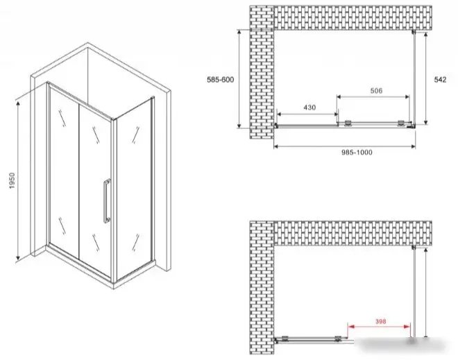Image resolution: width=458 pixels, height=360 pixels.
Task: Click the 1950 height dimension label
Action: pos(12,180)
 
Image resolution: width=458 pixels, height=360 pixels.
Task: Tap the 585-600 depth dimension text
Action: pos(220,80)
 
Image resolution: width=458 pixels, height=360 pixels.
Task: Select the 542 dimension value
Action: pos(440,80)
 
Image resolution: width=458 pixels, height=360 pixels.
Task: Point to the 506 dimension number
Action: pos(376,91)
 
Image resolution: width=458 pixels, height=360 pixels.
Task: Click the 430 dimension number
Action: pos(309,108)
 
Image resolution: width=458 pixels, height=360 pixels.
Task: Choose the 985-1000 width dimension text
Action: pos(357,152)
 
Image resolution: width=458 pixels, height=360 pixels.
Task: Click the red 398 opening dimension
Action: pos(380,321)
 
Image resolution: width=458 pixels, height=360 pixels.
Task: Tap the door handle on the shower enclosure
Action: pos(107,201)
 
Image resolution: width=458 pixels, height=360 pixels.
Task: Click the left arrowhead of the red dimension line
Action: pos(351,327)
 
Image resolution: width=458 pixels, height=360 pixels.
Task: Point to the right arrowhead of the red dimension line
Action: pos(407,327)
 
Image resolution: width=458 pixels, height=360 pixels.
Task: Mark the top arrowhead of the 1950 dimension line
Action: pos(18,103)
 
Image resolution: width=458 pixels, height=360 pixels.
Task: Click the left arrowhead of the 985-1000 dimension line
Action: pos(277,146)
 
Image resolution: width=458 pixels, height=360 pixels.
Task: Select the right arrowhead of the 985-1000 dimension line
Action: pos(412,146)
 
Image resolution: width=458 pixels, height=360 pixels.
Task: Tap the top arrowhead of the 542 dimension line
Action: pos(426,35)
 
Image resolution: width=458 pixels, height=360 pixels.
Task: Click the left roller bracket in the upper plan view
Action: pos(348,123)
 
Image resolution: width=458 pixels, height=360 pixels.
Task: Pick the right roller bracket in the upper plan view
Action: pos(401,123)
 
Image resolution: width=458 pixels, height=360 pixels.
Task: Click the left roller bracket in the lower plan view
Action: pos(285,338)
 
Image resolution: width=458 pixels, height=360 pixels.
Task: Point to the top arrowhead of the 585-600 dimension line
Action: pos(239,33)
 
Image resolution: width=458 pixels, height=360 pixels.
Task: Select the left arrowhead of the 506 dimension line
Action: pos(340,96)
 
